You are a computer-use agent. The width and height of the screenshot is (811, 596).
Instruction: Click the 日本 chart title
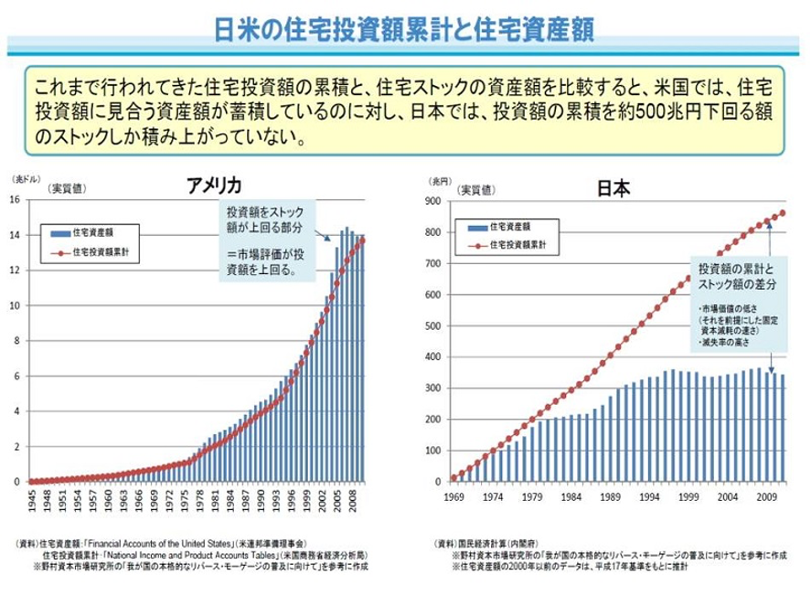click(x=613, y=189)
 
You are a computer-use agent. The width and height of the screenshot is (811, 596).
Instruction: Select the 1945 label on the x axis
click(x=31, y=501)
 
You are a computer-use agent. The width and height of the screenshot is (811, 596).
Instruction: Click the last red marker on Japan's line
click(x=783, y=213)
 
